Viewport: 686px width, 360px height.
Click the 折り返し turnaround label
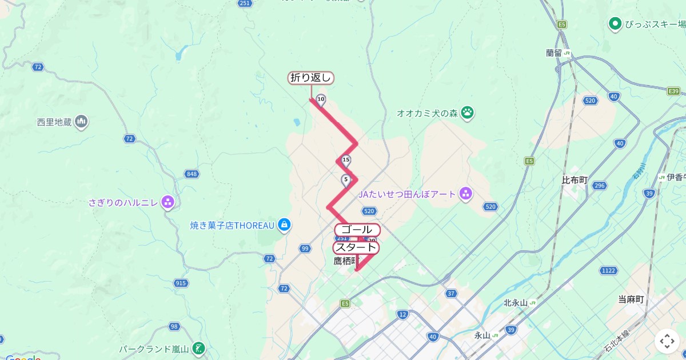[310, 78]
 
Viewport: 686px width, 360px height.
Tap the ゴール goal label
[357, 229]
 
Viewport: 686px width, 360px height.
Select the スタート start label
[356, 247]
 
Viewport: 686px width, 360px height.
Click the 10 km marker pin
[321, 100]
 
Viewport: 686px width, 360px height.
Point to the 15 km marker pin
[346, 161]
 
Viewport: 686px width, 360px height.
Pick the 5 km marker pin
[345, 180]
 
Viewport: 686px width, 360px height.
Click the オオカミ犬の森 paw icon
[468, 113]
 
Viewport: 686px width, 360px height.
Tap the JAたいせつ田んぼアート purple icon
[466, 194]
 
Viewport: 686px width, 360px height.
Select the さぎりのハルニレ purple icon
[167, 202]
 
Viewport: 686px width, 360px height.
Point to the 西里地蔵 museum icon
[81, 122]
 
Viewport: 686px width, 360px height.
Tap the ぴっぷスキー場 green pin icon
[615, 24]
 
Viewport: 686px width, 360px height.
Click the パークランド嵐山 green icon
[198, 348]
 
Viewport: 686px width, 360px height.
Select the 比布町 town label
[575, 180]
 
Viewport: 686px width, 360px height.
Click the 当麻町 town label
[631, 299]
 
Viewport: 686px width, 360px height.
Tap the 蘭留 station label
[555, 53]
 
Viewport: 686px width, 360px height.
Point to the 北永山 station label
[515, 303]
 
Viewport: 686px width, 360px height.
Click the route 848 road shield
[190, 174]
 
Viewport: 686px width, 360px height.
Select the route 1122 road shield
[608, 270]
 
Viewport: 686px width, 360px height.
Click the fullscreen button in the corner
[667, 341]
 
